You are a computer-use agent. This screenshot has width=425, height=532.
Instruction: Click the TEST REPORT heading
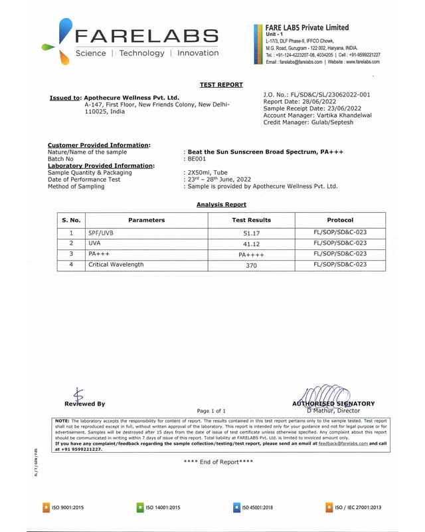(x=221, y=84)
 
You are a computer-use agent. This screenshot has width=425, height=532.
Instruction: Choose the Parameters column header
(x=146, y=220)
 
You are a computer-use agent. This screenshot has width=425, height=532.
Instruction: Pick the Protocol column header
(x=340, y=220)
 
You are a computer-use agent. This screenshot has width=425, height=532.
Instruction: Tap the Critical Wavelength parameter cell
(x=116, y=265)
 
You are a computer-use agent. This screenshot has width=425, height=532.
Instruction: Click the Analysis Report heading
(x=221, y=205)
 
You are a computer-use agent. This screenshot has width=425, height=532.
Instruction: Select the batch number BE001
(x=197, y=159)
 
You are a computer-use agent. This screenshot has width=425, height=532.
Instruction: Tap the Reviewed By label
(x=84, y=404)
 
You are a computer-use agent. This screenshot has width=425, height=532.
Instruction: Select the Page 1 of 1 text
(x=211, y=411)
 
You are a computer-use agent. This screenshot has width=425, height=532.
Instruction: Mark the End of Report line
(x=218, y=461)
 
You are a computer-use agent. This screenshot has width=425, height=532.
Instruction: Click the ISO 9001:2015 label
(x=68, y=508)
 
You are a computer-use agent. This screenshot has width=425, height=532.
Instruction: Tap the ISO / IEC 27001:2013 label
(x=358, y=508)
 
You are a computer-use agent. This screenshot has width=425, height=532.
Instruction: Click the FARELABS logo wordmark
(x=147, y=36)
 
